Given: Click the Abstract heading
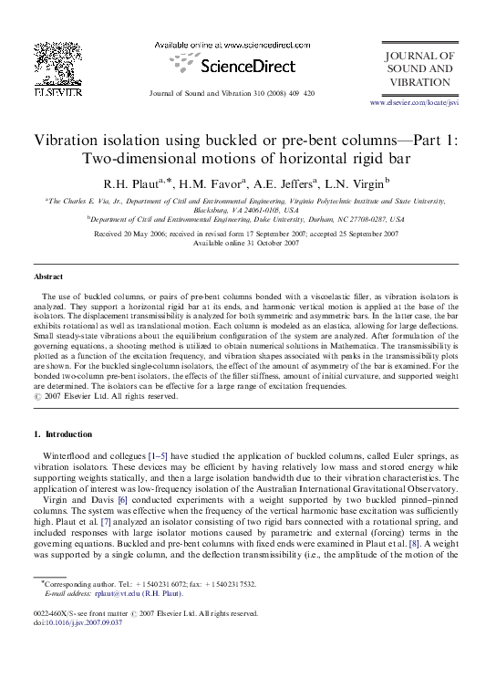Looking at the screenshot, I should (48, 276).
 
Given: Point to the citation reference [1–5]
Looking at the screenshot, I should (147, 454).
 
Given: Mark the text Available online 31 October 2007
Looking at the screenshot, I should (247, 244).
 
